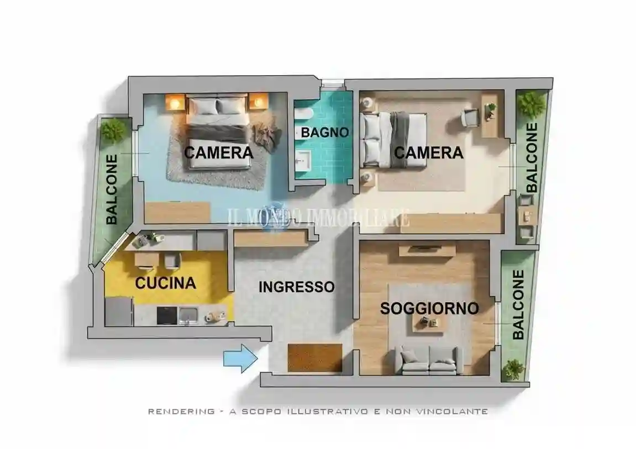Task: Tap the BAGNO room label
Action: point(325,133)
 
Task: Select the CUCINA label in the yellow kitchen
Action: point(165,283)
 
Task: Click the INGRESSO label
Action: point(297,287)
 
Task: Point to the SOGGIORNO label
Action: point(429,308)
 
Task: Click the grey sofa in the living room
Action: point(429,360)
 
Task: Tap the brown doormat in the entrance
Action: point(315,358)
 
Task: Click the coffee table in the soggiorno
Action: point(428,324)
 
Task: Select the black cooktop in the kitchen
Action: point(167,316)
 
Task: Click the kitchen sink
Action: point(188,316)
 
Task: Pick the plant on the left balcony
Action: point(113,130)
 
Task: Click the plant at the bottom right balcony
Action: point(513,369)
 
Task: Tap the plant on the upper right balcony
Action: point(531,104)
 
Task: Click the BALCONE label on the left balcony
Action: point(112,189)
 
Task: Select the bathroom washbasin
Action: point(303,162)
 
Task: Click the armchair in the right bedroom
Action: point(470,117)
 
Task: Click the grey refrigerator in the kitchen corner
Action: point(119,311)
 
